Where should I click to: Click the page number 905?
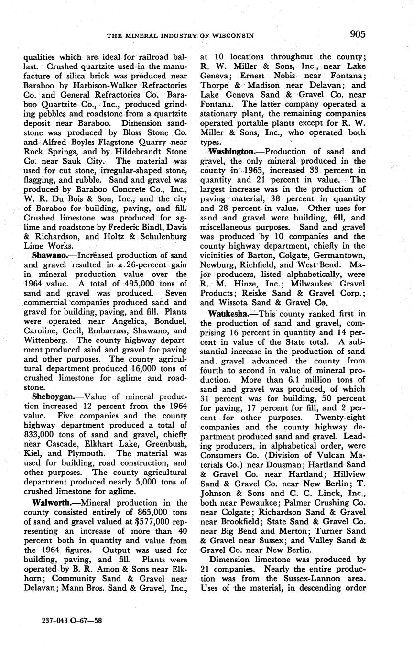(x=358, y=34)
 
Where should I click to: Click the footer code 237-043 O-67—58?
(x=72, y=621)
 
